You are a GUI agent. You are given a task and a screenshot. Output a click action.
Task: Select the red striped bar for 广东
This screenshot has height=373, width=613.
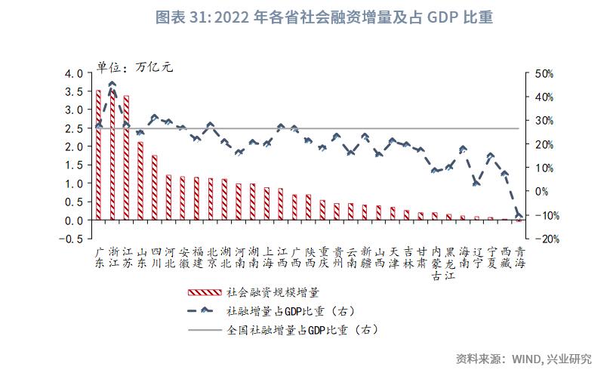tap(98, 155)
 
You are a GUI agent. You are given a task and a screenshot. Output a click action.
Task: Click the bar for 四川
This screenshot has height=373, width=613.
tap(155, 187)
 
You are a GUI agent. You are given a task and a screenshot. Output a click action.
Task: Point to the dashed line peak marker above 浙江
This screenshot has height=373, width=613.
tap(112, 85)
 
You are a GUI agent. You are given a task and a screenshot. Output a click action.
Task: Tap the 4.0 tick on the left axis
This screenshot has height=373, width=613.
tap(74, 74)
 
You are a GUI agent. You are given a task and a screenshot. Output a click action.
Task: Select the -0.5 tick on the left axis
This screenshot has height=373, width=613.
tap(72, 239)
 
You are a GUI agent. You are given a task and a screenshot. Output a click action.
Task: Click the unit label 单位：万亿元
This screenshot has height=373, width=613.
tap(134, 65)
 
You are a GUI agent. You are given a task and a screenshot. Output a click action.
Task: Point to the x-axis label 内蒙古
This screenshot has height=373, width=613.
tap(436, 262)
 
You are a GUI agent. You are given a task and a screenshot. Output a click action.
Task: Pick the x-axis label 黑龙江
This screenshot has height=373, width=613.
tap(450, 262)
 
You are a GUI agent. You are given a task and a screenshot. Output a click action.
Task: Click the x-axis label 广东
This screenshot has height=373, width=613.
tap(98, 256)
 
